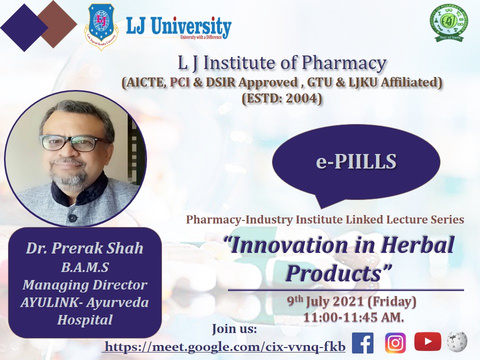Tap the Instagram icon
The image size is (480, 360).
point(395,343)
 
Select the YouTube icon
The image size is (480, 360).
point(427,342)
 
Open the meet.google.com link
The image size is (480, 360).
point(225,346)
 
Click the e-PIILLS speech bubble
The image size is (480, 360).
point(355,161)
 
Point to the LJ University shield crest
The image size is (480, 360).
point(101,26)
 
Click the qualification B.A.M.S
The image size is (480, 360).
point(84,267)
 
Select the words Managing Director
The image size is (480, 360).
point(84,284)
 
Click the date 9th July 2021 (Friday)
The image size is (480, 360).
point(351,302)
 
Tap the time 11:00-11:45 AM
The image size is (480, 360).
point(353,317)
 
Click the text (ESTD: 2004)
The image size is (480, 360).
point(282,98)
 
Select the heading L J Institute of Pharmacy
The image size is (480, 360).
point(282,63)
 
